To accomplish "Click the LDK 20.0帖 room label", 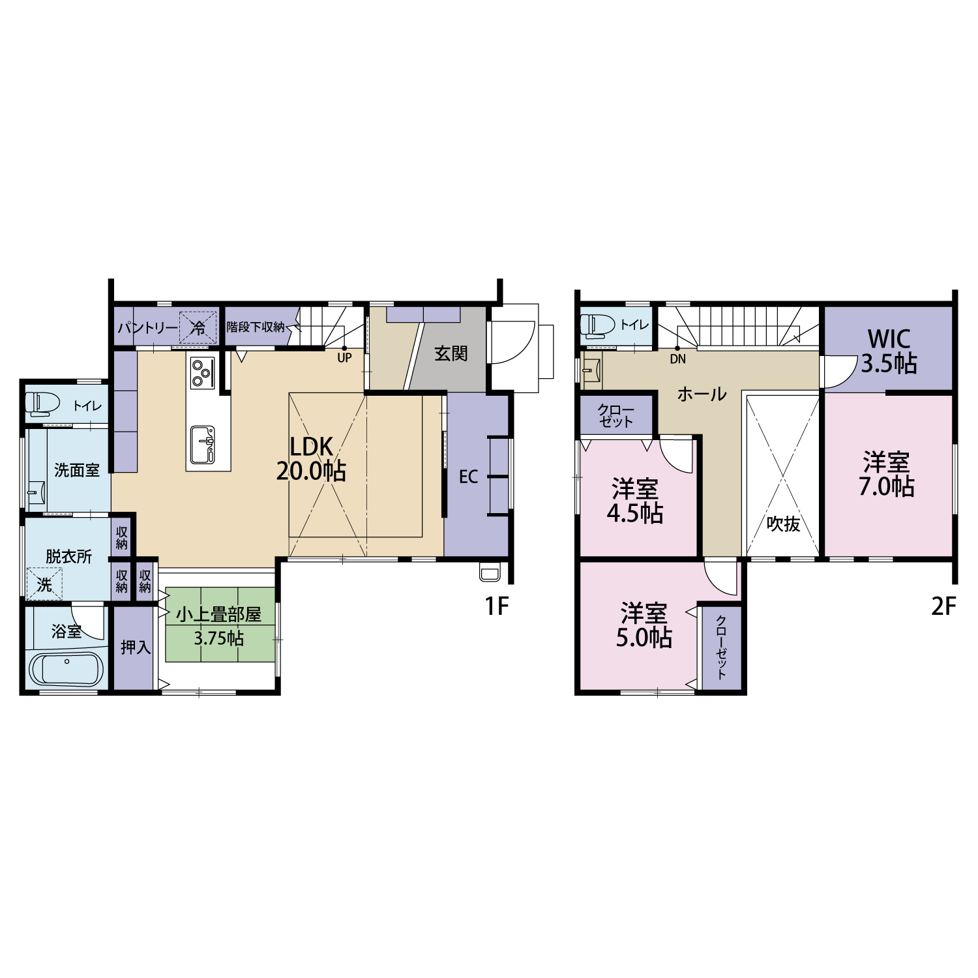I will pos(311,459).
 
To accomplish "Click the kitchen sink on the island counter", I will pos(203,444).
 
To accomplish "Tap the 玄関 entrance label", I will pos(451,354).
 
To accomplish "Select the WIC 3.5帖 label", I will pos(889,351).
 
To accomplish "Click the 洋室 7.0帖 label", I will pos(886,475).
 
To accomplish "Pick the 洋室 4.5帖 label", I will pos(635,501).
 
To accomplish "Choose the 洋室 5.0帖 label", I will pos(644,626).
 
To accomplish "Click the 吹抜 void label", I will pos(783,524).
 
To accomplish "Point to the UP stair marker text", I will pos(344,358).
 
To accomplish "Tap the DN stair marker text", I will pos(677,359).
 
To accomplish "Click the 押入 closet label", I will pos(136,647).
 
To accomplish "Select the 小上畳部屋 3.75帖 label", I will pos(218,626).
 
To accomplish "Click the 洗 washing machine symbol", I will pos(44,584).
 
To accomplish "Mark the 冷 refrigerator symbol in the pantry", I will pos(198,327).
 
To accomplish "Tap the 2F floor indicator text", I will pos(943,607).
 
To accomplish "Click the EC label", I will pos(468,477).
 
